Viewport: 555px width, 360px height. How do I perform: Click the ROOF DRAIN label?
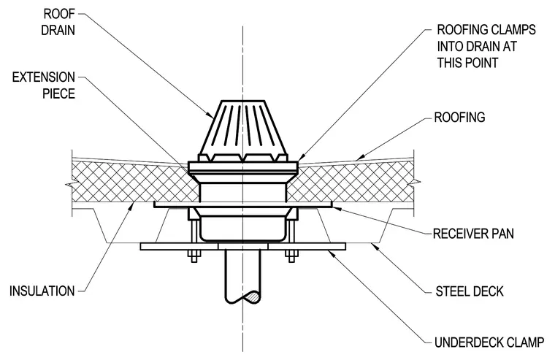(58, 22)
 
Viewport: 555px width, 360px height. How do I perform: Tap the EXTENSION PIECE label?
(44, 85)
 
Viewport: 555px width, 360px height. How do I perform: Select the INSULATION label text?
(42, 291)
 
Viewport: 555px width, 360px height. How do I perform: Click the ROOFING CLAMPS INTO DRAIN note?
(486, 46)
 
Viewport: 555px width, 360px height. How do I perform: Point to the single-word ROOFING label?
(459, 117)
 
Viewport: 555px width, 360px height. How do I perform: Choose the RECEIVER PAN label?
(473, 234)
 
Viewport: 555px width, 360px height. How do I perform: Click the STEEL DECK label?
(470, 291)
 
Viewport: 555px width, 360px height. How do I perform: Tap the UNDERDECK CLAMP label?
(489, 342)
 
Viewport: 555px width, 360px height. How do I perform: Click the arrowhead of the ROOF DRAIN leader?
(210, 115)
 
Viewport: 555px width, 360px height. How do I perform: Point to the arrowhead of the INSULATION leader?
(131, 206)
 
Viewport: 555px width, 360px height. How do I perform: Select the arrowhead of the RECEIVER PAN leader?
(336, 208)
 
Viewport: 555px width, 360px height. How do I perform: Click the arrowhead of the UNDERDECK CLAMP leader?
(331, 253)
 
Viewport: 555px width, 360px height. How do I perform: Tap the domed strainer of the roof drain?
(242, 131)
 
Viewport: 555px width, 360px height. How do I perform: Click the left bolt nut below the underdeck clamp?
(194, 256)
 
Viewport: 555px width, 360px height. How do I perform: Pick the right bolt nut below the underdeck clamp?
(291, 256)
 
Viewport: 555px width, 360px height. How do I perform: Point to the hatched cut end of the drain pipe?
(253, 297)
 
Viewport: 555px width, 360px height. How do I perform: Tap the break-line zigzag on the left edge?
(71, 184)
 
